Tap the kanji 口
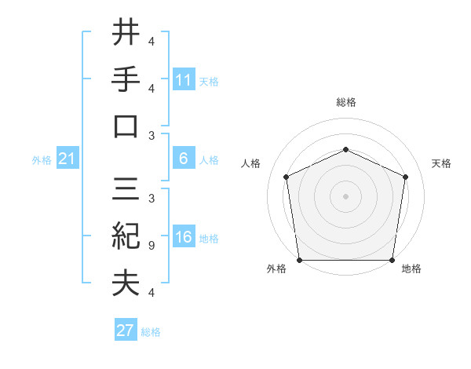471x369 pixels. coord(126,126)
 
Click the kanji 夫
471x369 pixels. coord(126,283)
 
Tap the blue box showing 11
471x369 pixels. coord(184,79)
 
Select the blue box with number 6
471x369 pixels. coord(184,159)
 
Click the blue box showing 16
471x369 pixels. coord(184,238)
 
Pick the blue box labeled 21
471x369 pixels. coord(67,159)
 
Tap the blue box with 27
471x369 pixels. coord(126,331)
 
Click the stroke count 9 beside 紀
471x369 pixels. coord(152,246)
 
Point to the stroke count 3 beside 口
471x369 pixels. coord(152,136)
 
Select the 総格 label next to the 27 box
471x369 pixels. coord(151,332)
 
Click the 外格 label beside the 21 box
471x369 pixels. coord(42,160)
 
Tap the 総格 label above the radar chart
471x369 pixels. coord(345,102)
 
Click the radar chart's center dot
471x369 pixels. coord(345,196)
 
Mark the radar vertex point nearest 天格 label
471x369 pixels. coord(406,177)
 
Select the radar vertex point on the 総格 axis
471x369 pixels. coord(345,149)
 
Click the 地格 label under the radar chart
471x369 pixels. coord(411,269)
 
